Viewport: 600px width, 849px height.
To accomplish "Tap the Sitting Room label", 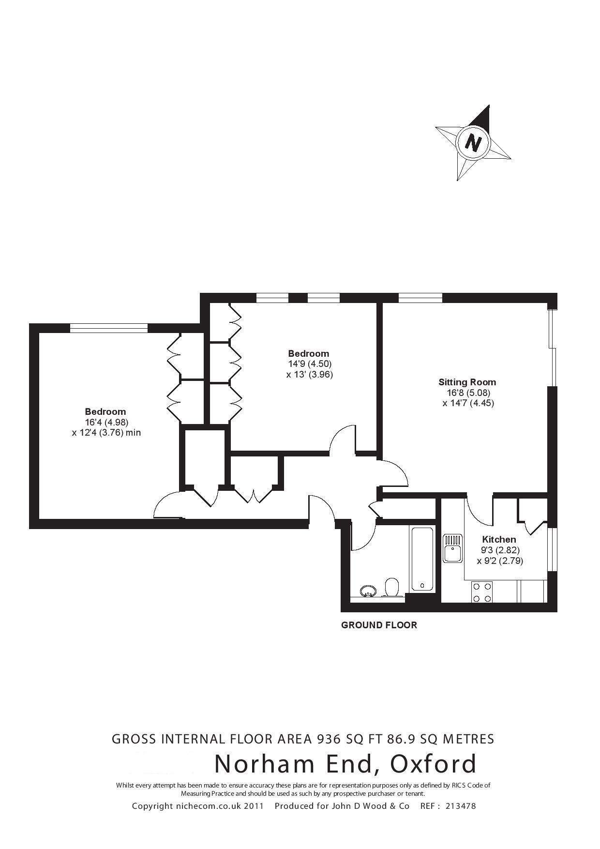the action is [467, 382].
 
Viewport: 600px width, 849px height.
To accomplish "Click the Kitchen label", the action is [499, 539].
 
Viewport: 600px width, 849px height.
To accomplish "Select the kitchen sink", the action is [452, 548].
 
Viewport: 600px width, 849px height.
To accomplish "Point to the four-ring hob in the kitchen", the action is [482, 592].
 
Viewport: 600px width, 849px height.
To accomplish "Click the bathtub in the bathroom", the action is [422, 559].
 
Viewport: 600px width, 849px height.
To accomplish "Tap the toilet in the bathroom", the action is [391, 587].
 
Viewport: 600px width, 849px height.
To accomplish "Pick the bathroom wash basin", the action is [369, 591].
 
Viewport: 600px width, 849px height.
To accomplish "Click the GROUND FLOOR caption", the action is [379, 625].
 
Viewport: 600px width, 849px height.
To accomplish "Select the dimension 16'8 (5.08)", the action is [468, 393].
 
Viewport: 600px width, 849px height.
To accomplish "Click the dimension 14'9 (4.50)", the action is [309, 364].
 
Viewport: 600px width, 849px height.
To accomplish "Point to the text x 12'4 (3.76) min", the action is [106, 433].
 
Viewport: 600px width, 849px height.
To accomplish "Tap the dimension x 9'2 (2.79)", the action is [500, 561].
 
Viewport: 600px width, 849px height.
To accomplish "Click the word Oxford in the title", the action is [433, 764].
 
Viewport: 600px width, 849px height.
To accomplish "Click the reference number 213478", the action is [460, 806].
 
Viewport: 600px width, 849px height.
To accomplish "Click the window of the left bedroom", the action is [108, 328].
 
